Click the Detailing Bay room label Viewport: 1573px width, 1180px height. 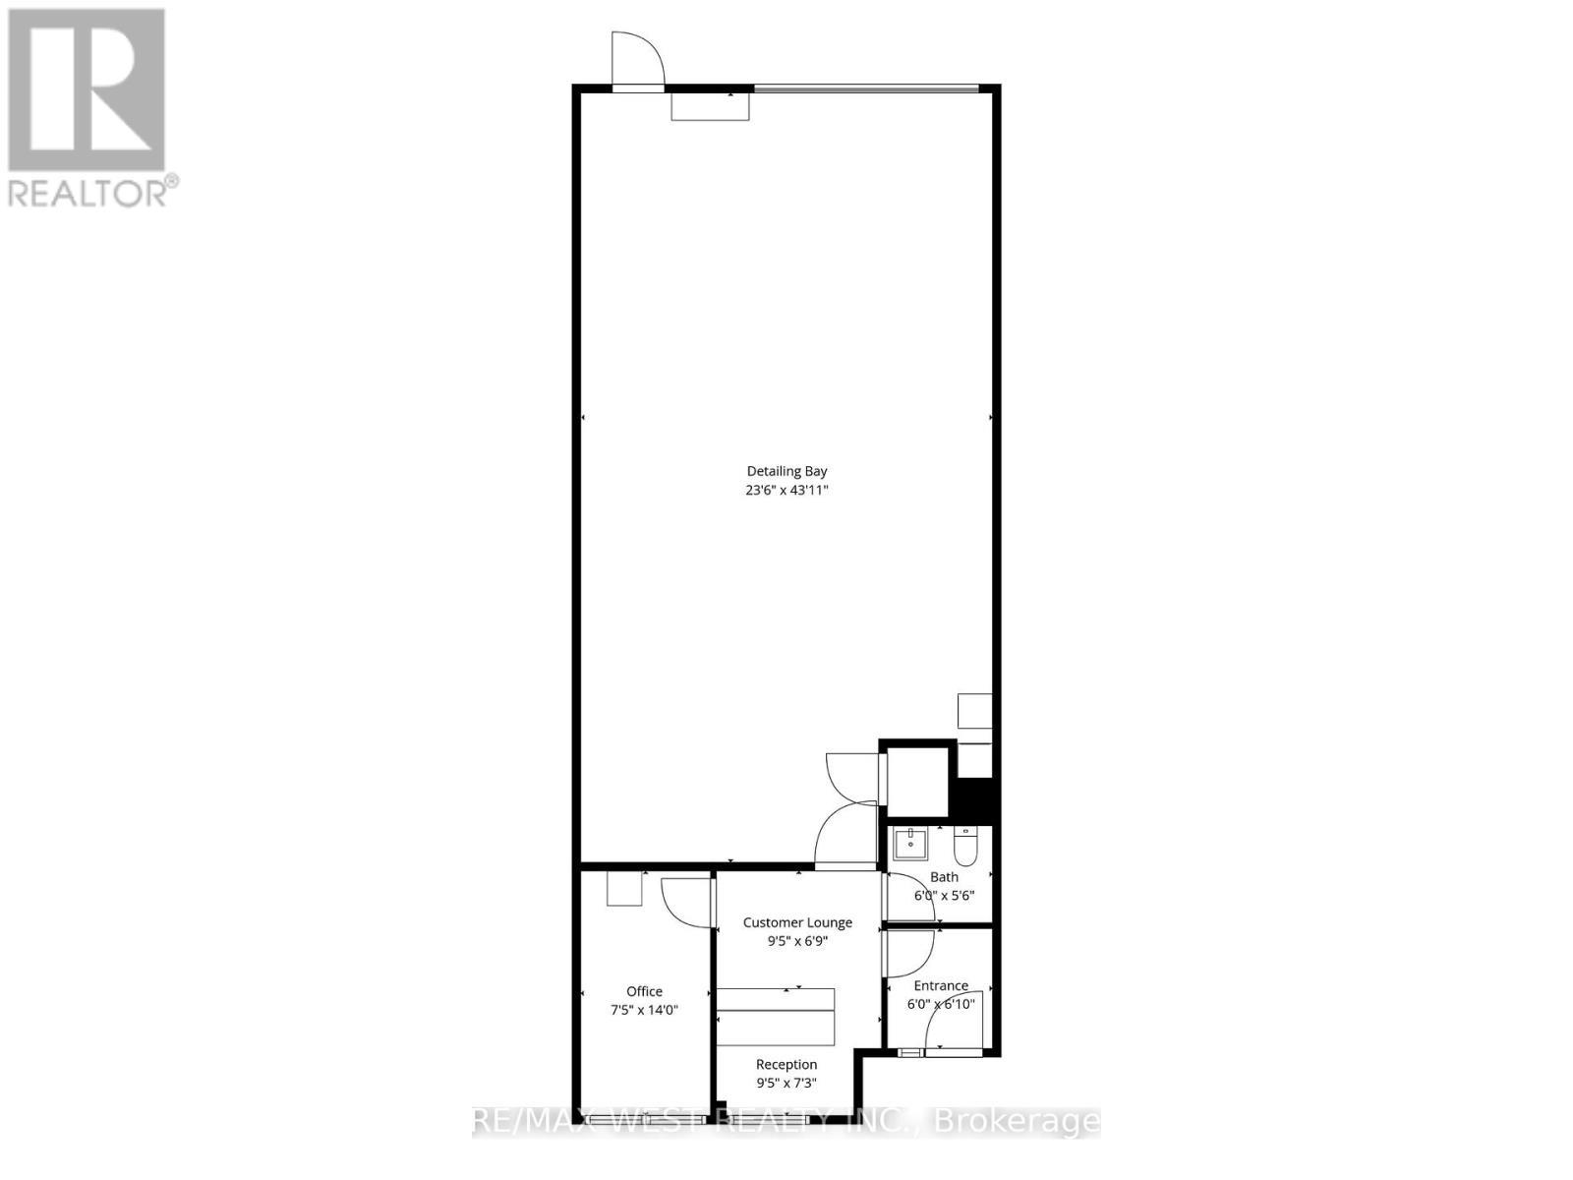tap(786, 471)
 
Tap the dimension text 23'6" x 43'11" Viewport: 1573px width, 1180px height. tap(786, 490)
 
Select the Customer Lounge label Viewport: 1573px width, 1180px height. tap(797, 922)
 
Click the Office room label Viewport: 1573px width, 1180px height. tap(645, 991)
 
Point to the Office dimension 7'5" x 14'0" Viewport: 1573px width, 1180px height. tap(645, 1010)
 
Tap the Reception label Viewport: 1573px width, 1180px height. tap(786, 1064)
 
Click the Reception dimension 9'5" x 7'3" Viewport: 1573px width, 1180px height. tap(786, 1083)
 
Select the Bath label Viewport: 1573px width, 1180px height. tap(944, 877)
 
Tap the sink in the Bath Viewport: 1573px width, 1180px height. tap(910, 844)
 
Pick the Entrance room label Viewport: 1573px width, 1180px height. tap(941, 985)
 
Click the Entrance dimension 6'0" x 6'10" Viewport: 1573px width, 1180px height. tap(941, 1004)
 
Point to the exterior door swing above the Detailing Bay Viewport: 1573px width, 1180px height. tap(636, 59)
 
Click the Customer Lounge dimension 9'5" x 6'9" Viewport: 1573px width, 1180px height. tap(797, 941)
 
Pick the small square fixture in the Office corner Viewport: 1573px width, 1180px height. tap(623, 889)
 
